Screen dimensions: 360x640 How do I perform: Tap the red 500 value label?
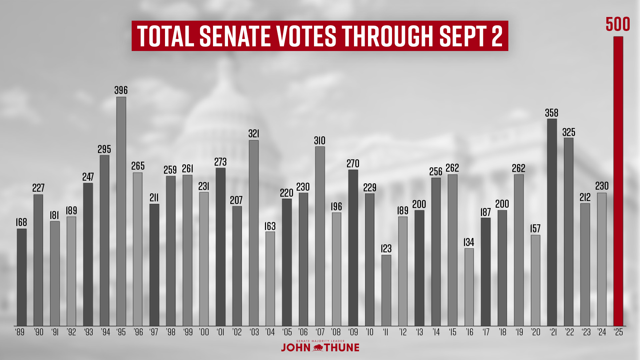pos(618,24)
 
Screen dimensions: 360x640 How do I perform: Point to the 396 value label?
pos(121,90)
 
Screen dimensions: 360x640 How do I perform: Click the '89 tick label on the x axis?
pos(20,332)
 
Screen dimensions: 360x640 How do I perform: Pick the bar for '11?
pos(386,290)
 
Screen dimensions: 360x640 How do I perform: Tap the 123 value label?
pos(386,249)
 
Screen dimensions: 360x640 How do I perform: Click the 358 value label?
pos(552,113)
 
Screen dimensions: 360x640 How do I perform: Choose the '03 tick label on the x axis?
pos(254,332)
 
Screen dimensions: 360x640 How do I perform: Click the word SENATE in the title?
pos(235,36)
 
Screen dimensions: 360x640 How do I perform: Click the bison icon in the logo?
pos(318,348)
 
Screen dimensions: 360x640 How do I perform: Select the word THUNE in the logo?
pos(342,348)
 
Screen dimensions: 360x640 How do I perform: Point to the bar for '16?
pos(469,287)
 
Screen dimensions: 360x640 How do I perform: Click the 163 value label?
pos(270,226)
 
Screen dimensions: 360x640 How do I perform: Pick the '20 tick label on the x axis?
pos(535,332)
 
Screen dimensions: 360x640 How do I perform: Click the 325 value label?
pos(569,132)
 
